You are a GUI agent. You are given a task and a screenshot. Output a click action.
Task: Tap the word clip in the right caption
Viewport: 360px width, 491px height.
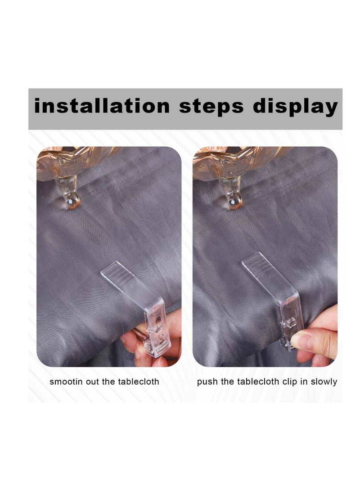(284, 382)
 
